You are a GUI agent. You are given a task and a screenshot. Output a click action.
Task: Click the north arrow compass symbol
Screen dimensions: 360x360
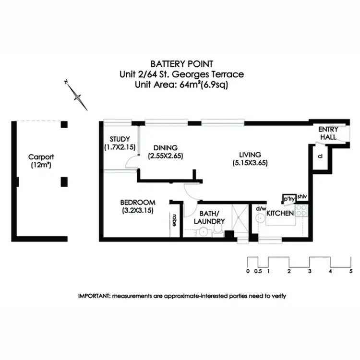[77, 95]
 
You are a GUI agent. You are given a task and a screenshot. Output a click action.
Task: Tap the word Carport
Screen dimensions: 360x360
[41, 157]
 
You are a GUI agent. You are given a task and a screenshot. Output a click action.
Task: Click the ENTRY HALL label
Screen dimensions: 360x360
[328, 133]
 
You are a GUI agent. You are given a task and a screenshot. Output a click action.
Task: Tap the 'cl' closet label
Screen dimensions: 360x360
[320, 156]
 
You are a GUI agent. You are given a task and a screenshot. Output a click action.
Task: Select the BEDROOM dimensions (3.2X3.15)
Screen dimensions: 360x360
[137, 210]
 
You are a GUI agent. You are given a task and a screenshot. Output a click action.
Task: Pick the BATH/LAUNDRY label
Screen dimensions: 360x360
[209, 217]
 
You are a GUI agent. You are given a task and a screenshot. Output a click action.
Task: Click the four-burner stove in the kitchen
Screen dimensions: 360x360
[301, 210]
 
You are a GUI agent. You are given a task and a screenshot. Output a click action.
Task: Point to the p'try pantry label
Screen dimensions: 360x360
[288, 199]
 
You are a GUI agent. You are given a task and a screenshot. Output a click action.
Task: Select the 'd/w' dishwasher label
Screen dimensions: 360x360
[261, 208]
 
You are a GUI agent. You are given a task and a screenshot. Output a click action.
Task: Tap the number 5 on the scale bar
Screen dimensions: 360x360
[351, 271]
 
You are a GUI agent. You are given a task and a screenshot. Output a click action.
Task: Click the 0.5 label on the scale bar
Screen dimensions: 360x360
[258, 271]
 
